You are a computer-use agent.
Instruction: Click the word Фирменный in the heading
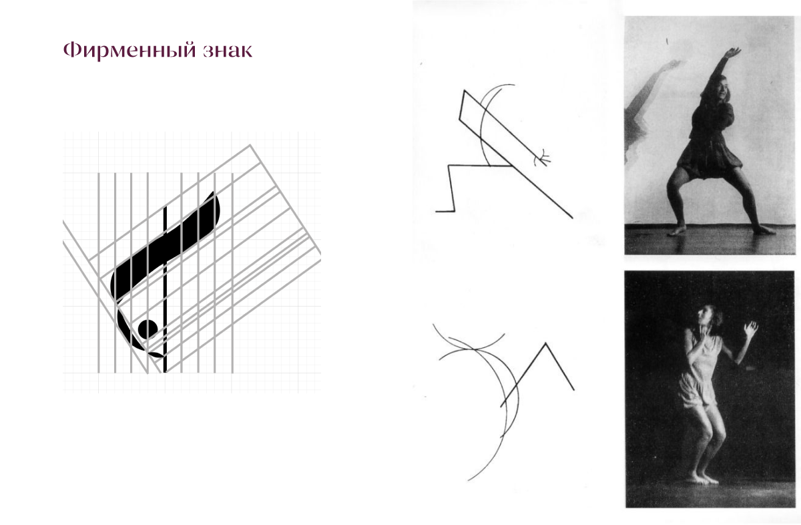[x=129, y=51]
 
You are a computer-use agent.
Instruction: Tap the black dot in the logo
[x=148, y=329]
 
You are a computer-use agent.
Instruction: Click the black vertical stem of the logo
[x=165, y=290]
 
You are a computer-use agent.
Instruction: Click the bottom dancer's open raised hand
[x=750, y=329]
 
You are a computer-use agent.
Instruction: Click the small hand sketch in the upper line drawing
[x=542, y=158]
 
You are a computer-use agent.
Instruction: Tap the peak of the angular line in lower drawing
[x=545, y=343]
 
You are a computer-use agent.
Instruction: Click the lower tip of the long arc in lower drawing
[x=468, y=480]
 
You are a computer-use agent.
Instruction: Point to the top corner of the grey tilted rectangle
[x=250, y=144]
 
